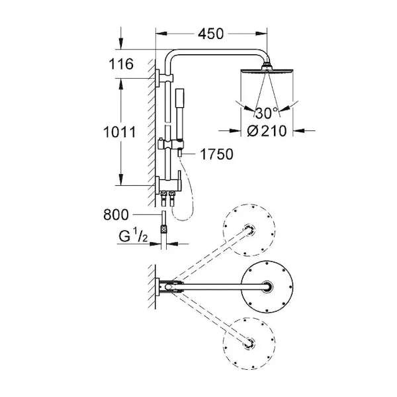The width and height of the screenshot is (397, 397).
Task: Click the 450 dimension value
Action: tap(210, 34)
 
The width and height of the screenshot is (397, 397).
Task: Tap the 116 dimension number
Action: tap(121, 64)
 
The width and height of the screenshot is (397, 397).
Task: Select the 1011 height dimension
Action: tap(120, 132)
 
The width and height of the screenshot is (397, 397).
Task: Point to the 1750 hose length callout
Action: tap(216, 154)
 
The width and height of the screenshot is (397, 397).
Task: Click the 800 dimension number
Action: tap(116, 214)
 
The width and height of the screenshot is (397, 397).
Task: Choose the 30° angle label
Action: tap(267, 113)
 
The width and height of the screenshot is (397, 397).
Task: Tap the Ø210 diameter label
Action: tap(267, 131)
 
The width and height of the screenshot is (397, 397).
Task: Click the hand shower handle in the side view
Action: tap(179, 114)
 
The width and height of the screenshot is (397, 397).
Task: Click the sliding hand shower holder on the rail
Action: tap(171, 144)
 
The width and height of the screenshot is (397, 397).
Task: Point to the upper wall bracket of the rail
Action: tap(164, 78)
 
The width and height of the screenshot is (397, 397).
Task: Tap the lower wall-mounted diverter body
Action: tap(168, 183)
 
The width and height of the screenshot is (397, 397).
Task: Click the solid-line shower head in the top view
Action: tap(267, 287)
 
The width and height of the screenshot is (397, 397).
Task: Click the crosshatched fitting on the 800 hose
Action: tap(164, 230)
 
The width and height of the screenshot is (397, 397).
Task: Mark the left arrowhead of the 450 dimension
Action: tap(161, 34)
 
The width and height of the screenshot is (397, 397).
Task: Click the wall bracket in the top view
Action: tap(157, 287)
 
